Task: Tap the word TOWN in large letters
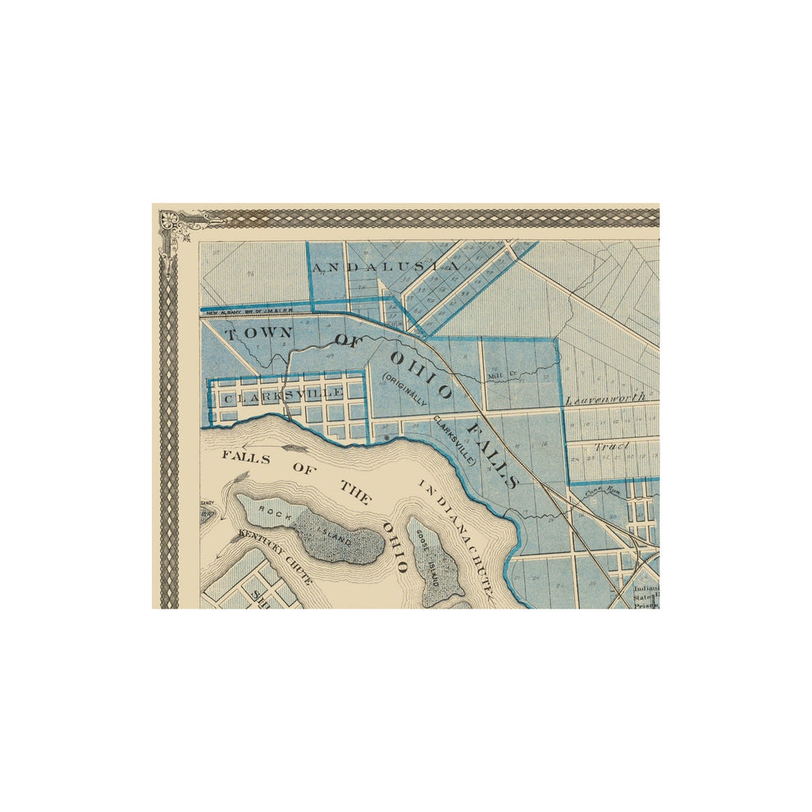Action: click(x=258, y=334)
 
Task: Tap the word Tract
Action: click(x=611, y=446)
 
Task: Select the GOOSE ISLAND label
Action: click(x=427, y=558)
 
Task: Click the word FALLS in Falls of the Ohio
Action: click(x=246, y=458)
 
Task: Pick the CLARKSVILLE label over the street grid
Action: click(x=283, y=395)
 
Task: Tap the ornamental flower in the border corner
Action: click(x=171, y=220)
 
